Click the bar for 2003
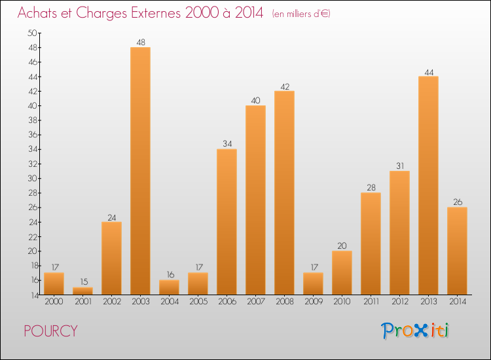tap(140, 170)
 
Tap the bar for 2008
tap(284, 193)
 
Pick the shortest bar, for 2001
tap(82, 291)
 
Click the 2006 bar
tap(227, 222)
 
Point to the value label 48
tap(140, 43)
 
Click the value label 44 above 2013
tap(428, 71)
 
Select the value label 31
tap(399, 166)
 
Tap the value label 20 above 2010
tap(342, 246)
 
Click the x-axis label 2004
tap(169, 302)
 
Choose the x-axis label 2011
tap(371, 302)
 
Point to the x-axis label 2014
tap(457, 302)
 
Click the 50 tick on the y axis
tap(32, 33)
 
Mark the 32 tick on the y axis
tap(32, 164)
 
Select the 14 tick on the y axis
tap(32, 295)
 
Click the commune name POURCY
tap(50, 331)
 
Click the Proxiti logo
tap(414, 331)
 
